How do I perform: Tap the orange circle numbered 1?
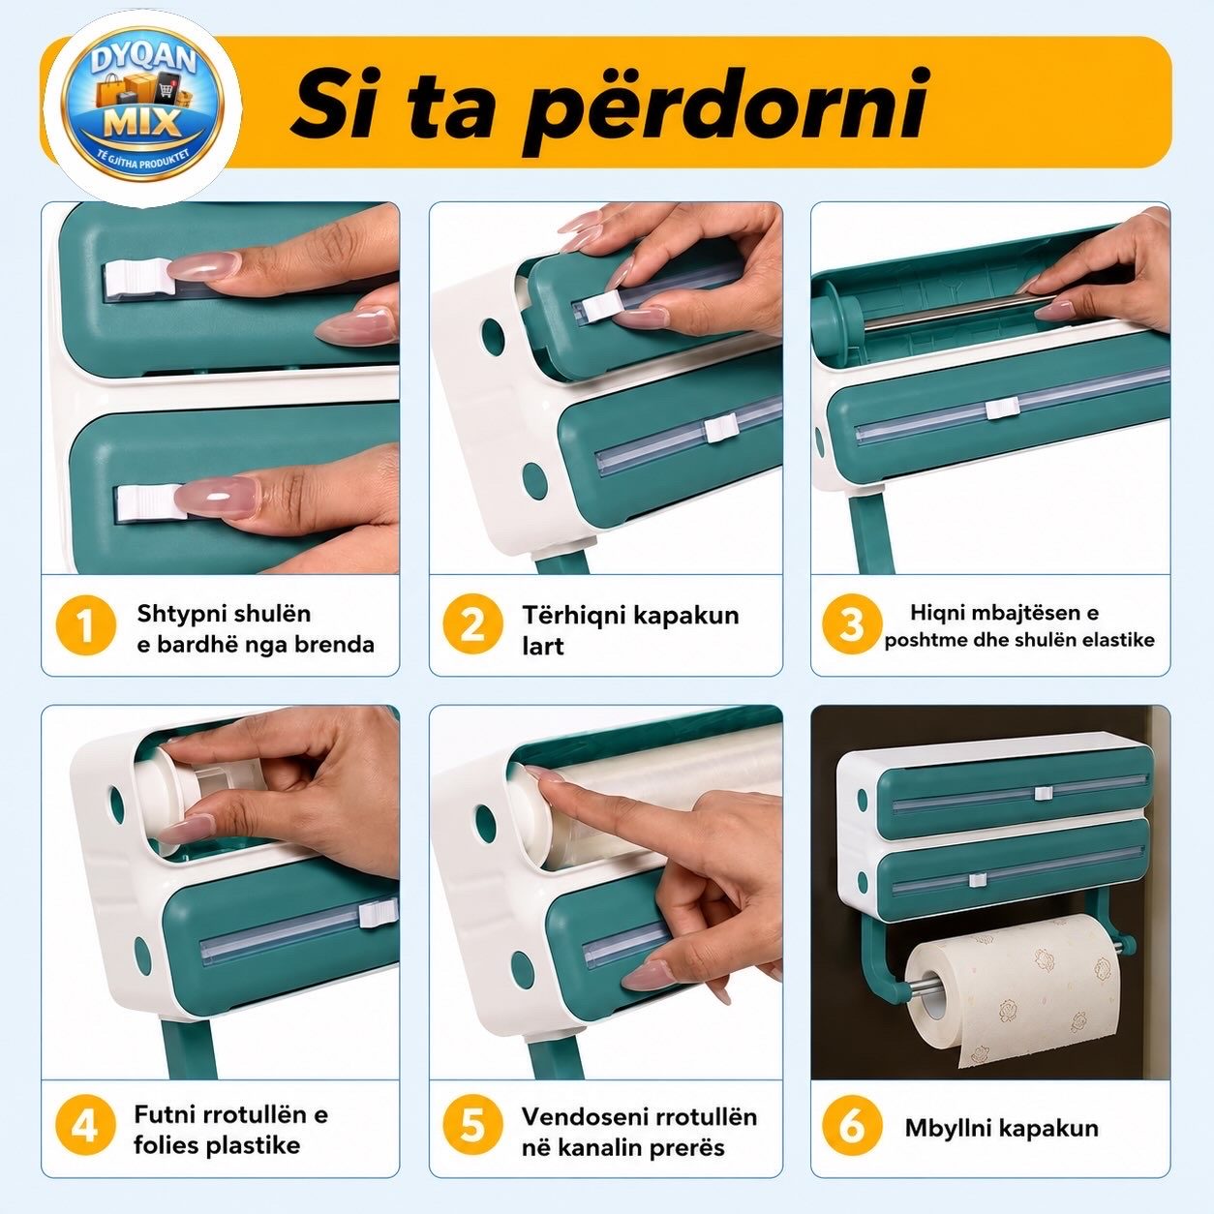[86, 625]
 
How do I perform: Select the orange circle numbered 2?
[472, 625]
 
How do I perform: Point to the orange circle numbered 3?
[852, 624]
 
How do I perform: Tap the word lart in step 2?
[542, 646]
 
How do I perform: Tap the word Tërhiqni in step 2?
[574, 616]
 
